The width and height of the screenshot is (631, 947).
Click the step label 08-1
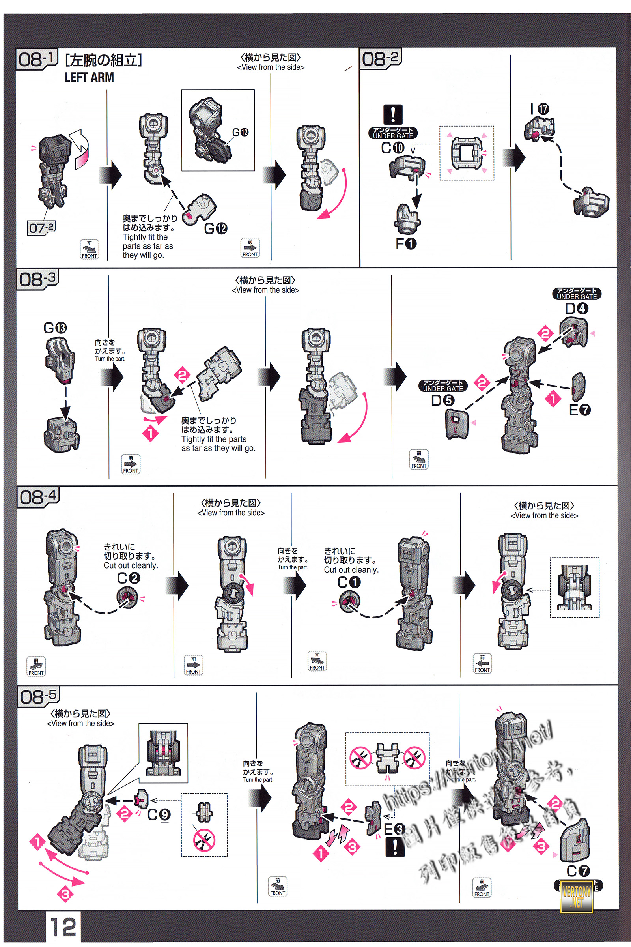pos(36,60)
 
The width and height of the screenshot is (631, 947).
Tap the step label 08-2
pos(380,59)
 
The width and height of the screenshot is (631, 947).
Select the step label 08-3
pos(37,279)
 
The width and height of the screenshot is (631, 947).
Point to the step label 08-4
pos(38,497)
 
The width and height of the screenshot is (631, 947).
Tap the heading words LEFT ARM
pos(89,77)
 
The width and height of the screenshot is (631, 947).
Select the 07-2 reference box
pos(41,228)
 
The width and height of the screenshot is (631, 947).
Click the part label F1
pos(406,243)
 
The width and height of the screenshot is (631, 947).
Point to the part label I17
pos(540,109)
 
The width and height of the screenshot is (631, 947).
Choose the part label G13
pos(55,328)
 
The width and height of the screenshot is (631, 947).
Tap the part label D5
pos(442,400)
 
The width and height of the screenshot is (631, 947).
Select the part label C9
pos(159,814)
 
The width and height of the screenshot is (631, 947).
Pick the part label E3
pos(394,829)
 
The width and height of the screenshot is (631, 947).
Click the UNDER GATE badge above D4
pos(577,294)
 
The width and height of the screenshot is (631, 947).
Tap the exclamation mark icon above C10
pos(393,115)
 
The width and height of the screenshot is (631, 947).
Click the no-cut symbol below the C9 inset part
pos(204,840)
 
